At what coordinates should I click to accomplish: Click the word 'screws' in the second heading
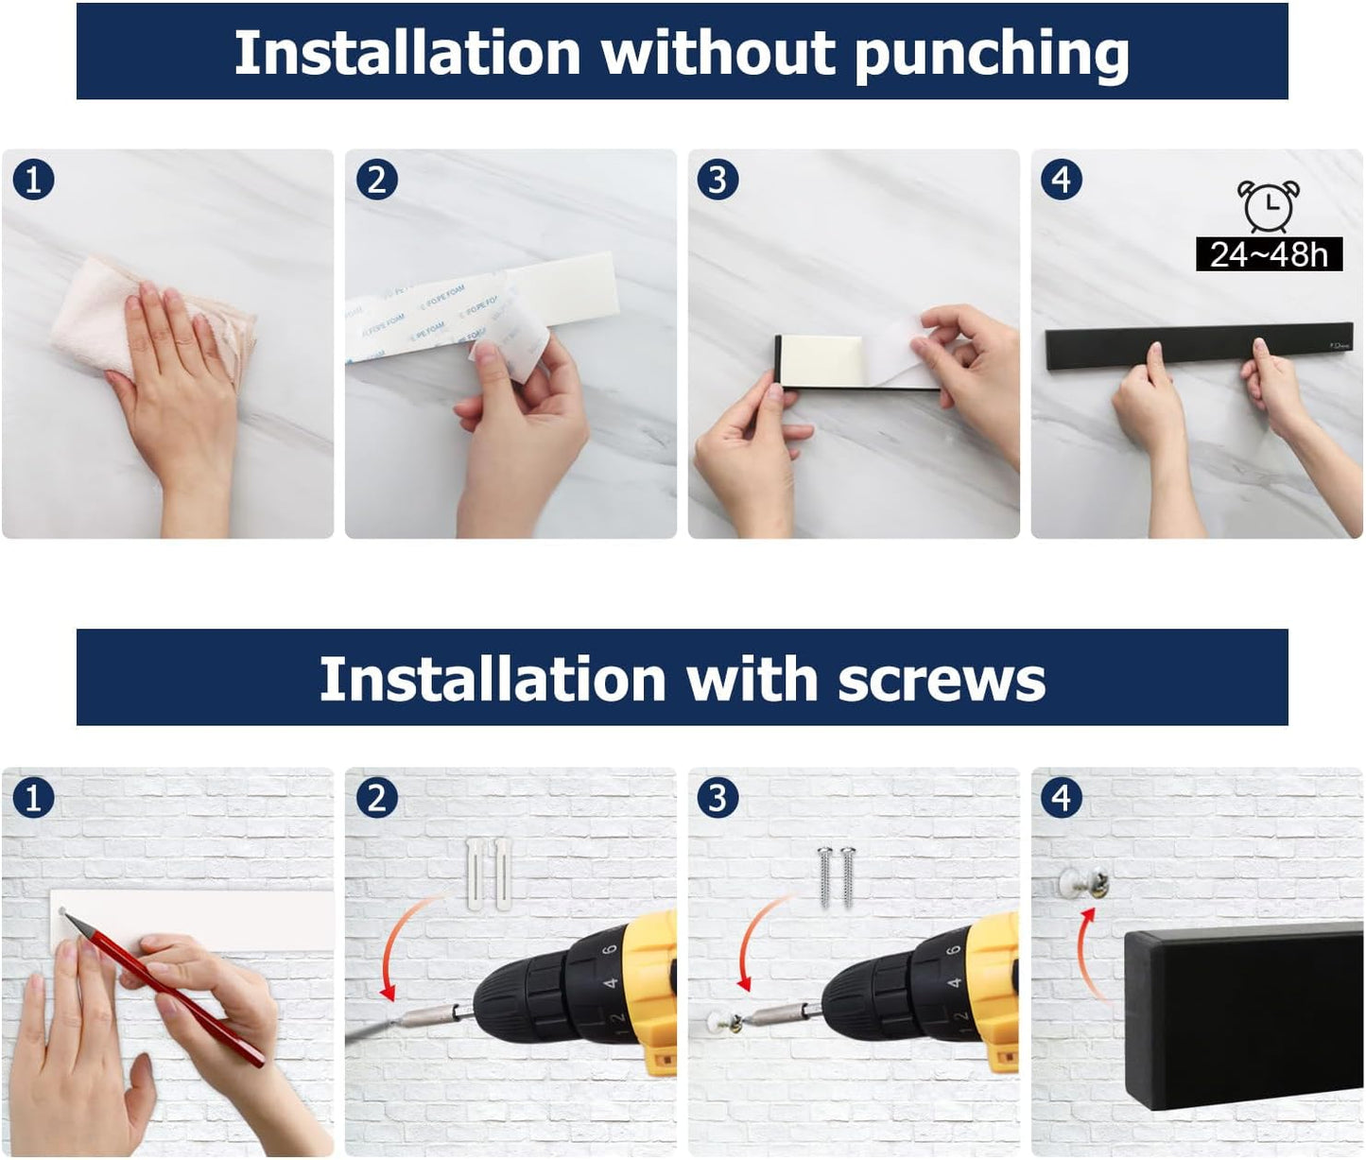tap(941, 680)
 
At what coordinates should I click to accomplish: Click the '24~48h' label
tap(1269, 254)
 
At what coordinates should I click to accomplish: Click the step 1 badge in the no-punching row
tap(33, 180)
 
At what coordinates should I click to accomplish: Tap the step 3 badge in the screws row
tap(718, 798)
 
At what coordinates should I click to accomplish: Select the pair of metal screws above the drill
tap(836, 875)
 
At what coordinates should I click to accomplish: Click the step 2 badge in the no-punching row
tap(376, 180)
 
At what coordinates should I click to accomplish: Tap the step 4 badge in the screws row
tap(1061, 798)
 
